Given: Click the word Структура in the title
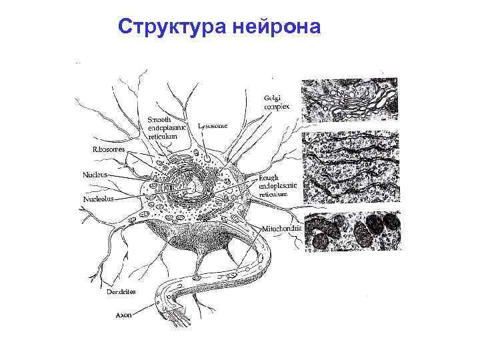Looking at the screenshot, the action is (x=173, y=27).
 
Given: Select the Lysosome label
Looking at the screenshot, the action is (x=213, y=125).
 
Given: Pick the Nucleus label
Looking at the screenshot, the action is (x=95, y=175).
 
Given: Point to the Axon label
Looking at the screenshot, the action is (x=124, y=314).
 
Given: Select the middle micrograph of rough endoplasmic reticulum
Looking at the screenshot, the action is (x=351, y=169).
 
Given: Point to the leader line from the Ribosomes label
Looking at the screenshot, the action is (x=140, y=156).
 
